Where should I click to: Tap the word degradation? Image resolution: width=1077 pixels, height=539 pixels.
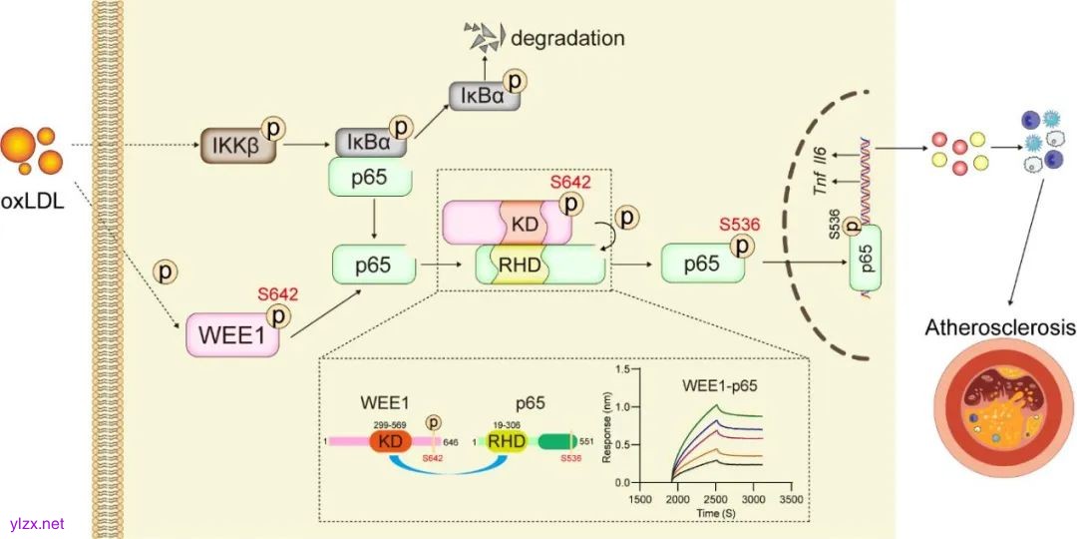pyautogui.click(x=567, y=39)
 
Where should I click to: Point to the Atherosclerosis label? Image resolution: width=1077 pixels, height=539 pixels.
pyautogui.click(x=999, y=327)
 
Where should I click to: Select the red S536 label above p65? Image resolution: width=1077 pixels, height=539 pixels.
pyautogui.click(x=739, y=226)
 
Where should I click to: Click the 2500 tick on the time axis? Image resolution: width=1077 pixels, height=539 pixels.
pyautogui.click(x=716, y=497)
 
